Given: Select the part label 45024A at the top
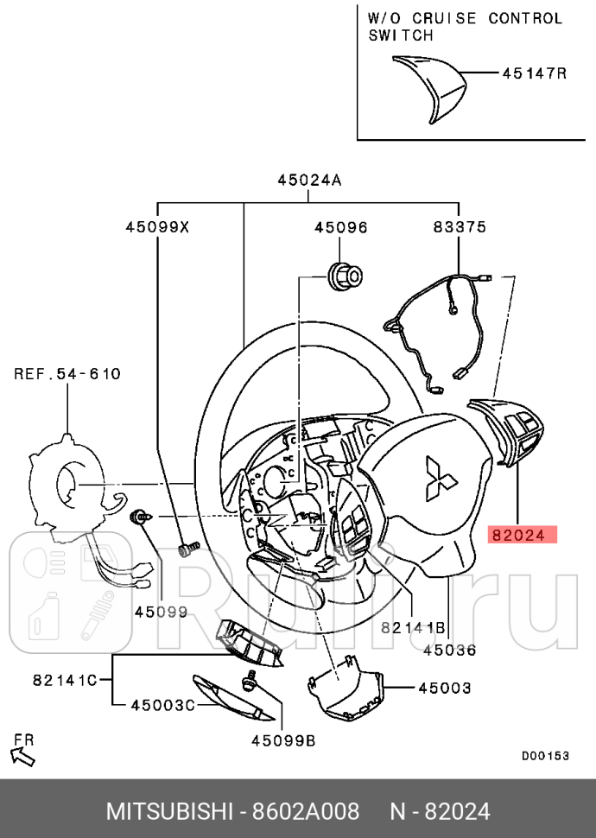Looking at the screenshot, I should coord(309,181).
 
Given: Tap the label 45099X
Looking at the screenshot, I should coord(157,227).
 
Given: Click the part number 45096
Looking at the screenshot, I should coord(340,227).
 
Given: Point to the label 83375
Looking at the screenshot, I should coord(459,227).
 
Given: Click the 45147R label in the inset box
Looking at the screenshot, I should coord(534,73).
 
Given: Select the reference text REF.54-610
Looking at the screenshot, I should coord(67,374).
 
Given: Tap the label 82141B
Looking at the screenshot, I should coord(413,627).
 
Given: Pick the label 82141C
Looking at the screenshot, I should coord(65,679).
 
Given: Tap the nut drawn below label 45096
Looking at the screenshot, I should coord(345,274).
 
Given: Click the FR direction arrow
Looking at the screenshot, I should coord(25,754).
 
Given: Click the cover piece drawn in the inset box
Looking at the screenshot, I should coord(428,87).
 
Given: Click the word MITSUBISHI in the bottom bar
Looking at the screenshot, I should coord(169,812).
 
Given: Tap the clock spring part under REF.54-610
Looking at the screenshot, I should coord(69,488).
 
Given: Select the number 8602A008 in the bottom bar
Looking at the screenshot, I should coord(305,812).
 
